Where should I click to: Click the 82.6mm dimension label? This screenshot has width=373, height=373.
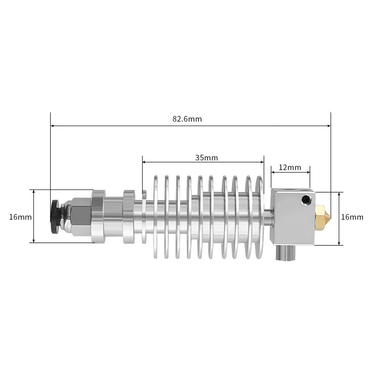pos(187,119)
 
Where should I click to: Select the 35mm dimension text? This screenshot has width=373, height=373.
pos(206,157)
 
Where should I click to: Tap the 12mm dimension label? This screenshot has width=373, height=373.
pos(290,167)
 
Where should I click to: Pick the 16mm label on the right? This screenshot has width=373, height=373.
pos(352,217)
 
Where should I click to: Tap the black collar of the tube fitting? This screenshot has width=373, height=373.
pos(55,216)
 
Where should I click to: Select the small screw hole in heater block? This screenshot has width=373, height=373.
pos(307,200)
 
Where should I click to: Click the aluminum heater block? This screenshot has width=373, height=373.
pos(291,220)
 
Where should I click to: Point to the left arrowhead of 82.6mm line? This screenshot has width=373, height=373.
pos(53,126)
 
